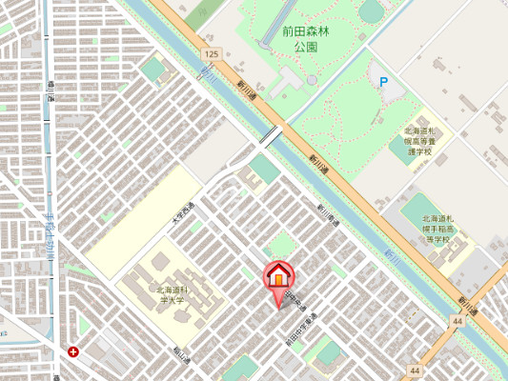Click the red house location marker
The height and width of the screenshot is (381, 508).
(278, 276)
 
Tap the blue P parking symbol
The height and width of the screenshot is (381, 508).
(384, 83)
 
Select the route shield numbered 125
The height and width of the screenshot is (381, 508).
(210, 55)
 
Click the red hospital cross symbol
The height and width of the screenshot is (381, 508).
(73, 351)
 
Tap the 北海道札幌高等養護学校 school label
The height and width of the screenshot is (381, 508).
(419, 140)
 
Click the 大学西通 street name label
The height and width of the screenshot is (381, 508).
(182, 212)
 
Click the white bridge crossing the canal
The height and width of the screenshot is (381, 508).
(271, 136)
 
